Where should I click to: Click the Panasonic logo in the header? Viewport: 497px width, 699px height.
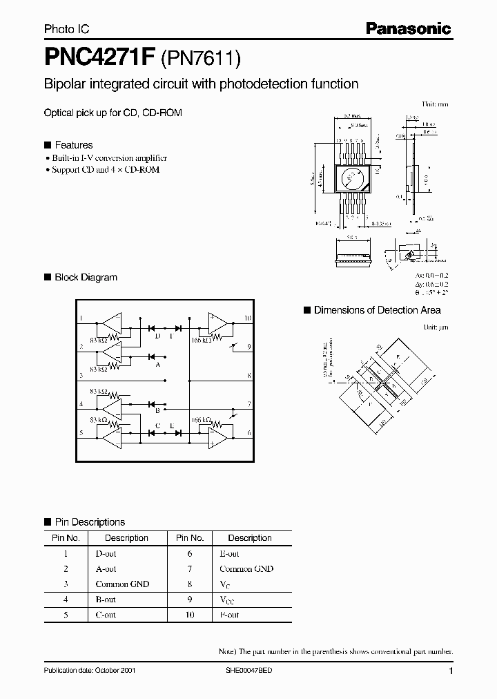point(409,28)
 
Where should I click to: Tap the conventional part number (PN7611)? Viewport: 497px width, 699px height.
point(200,59)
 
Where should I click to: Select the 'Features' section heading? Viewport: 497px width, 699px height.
point(73,145)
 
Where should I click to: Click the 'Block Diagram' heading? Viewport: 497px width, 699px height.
point(86,277)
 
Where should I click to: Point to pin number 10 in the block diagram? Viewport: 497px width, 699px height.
point(248,319)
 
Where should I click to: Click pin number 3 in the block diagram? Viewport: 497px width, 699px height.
point(81,376)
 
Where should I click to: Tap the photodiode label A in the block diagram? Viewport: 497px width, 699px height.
point(159,365)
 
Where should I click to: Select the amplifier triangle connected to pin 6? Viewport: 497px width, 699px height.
point(219,433)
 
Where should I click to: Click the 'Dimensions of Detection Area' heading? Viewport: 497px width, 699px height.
point(377,310)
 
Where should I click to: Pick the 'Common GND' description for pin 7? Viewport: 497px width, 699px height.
point(246,569)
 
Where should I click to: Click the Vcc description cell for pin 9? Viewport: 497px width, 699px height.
point(228,600)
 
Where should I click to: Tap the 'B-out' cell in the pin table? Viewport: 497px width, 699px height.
point(106,600)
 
